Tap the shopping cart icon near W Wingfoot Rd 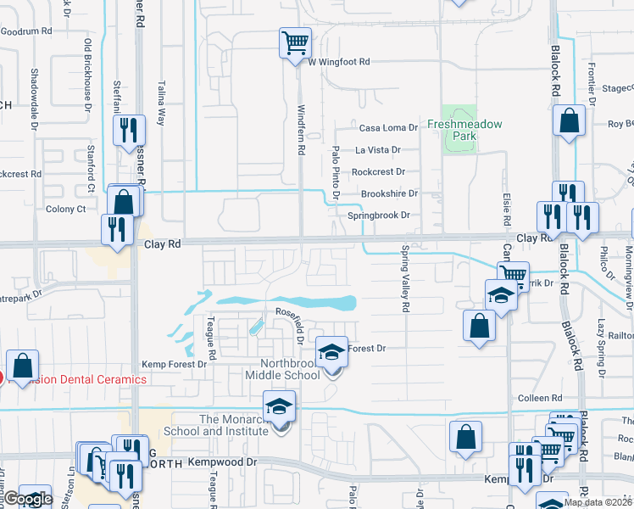295,42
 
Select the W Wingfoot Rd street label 339,62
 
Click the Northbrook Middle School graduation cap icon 332,351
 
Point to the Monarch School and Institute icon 279,407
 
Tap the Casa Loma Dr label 388,128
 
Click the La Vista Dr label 377,149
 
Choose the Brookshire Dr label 390,193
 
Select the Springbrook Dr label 378,215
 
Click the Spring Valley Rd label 405,279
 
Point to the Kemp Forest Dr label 173,364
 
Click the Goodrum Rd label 26,31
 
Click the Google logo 28,500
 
